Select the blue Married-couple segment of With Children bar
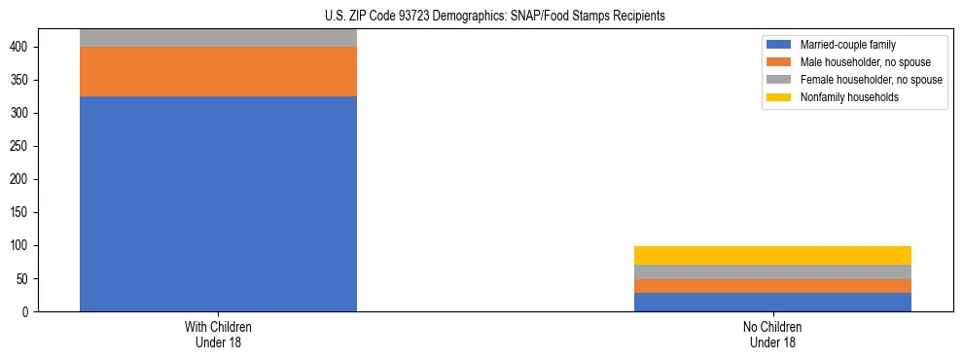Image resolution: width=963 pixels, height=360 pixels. pyautogui.click(x=218, y=203)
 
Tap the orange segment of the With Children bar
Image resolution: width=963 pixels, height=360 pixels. pyautogui.click(x=218, y=71)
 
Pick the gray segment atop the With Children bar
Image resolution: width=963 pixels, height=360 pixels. pyautogui.click(x=218, y=38)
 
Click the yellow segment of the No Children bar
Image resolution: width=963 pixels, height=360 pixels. pyautogui.click(x=772, y=255)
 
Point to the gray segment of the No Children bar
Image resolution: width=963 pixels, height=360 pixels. pyautogui.click(x=772, y=271)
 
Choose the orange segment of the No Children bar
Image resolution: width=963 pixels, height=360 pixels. pyautogui.click(x=772, y=286)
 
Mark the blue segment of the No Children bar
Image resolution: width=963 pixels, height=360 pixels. pyautogui.click(x=772, y=302)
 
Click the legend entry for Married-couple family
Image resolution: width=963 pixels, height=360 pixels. pyautogui.click(x=847, y=45)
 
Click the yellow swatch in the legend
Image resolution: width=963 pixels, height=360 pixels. pyautogui.click(x=779, y=97)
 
